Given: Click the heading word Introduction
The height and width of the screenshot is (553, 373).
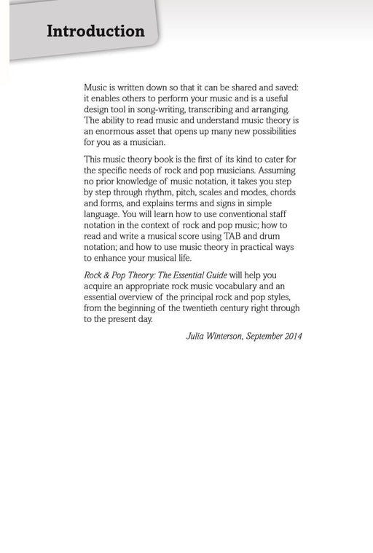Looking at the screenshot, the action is pyautogui.click(x=95, y=32).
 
